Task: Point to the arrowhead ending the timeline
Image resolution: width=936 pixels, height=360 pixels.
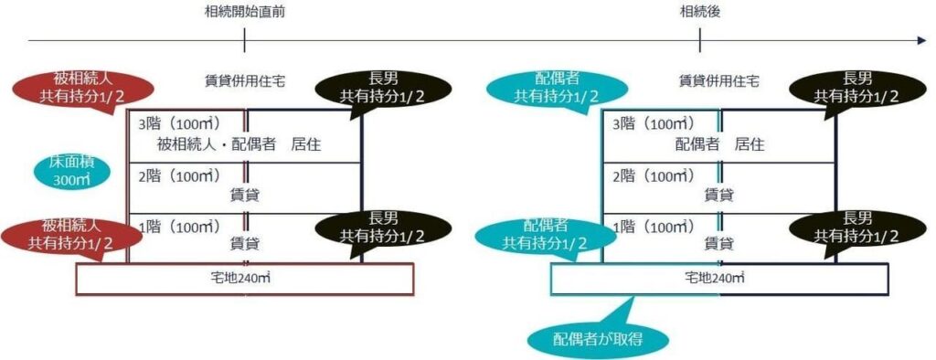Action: point(921,40)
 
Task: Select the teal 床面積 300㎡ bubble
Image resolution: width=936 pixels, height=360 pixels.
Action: point(68,172)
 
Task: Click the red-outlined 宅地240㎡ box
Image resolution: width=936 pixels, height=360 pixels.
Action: point(244,279)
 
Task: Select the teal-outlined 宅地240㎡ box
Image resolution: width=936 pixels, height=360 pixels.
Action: point(718,279)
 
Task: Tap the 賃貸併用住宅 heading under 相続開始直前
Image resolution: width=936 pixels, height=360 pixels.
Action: point(244,81)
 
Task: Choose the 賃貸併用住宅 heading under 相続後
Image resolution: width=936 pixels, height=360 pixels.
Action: point(718,81)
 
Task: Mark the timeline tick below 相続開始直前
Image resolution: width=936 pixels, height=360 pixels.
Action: point(244,40)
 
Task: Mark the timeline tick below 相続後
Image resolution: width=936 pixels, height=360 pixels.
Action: point(699,40)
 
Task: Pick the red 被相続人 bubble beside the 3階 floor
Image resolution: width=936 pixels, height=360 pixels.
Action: point(82,88)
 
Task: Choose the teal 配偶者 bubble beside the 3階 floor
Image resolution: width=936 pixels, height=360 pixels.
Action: point(556,88)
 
